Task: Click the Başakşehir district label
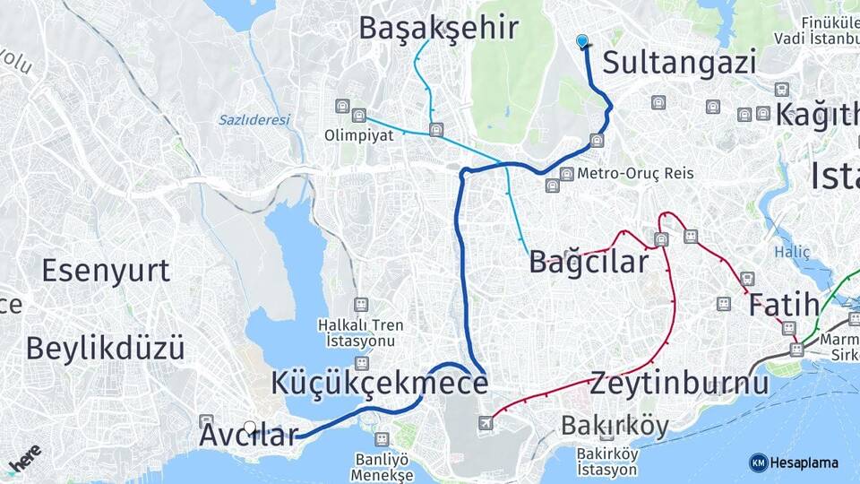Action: point(438,28)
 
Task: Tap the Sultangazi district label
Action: point(679,62)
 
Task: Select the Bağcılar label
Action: point(589,262)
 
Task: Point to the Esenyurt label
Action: point(106,270)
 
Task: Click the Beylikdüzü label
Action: point(105,348)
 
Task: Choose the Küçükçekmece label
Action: point(380,384)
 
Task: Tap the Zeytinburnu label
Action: point(679,384)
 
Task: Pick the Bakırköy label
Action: point(615,425)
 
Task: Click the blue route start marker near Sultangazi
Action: point(583,41)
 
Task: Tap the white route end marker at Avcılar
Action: point(250,428)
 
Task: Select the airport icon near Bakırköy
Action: point(486,422)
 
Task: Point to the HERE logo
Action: point(24,459)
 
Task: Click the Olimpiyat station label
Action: point(358,137)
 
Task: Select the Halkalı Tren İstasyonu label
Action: point(360,333)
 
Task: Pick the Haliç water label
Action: point(793,253)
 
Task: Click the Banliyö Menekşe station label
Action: point(382,466)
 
